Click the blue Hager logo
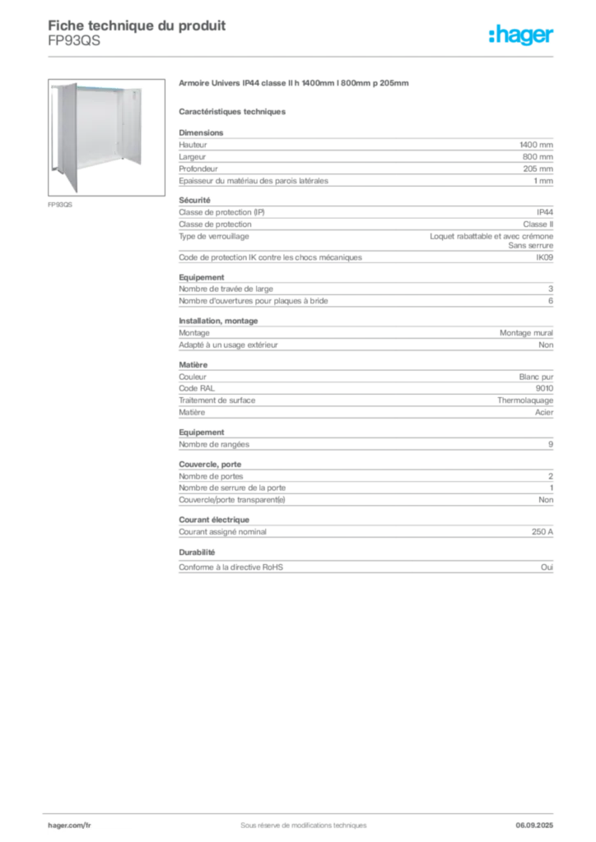[x=522, y=35]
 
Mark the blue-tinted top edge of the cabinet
[x=99, y=86]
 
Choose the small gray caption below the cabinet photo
[x=62, y=206]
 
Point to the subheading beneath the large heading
[x=233, y=111]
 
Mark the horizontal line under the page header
[x=303, y=56]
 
